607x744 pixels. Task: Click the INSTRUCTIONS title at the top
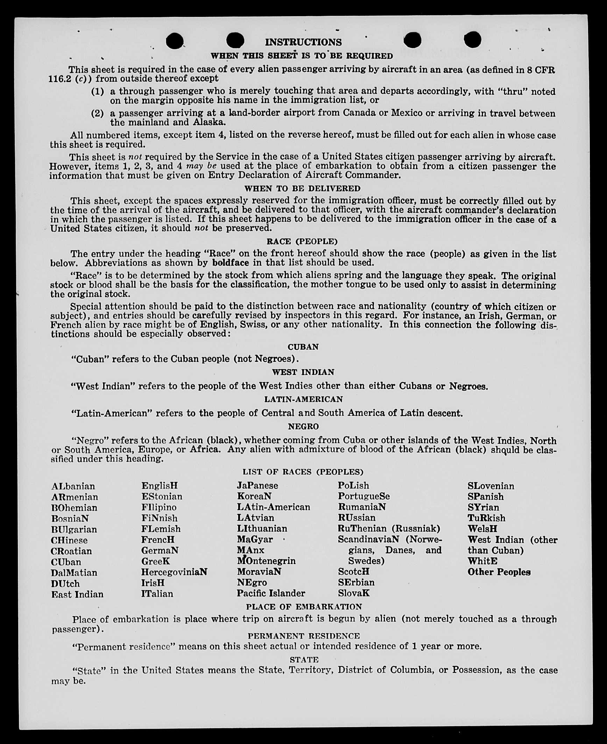(x=303, y=42)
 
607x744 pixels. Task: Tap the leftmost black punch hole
(x=174, y=41)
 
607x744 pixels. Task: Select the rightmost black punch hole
(x=472, y=40)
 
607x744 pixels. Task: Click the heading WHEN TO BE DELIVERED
(x=302, y=188)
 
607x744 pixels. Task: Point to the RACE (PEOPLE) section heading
(x=302, y=241)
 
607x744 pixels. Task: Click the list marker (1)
(x=98, y=91)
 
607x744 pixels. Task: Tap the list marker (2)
(x=98, y=113)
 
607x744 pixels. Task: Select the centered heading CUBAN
(x=303, y=347)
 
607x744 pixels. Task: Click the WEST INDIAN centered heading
(x=303, y=372)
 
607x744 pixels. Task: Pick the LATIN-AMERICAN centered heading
(x=303, y=399)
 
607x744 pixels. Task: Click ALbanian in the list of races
(x=73, y=486)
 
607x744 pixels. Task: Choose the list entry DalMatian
(x=74, y=573)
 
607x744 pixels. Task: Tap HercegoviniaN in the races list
(x=174, y=572)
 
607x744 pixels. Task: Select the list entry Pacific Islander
(x=271, y=593)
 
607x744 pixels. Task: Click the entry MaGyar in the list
(x=255, y=539)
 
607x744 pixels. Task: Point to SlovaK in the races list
(x=353, y=593)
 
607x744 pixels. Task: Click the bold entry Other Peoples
(x=499, y=572)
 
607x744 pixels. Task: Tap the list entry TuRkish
(x=486, y=518)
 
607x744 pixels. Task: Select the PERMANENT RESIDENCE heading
(x=303, y=636)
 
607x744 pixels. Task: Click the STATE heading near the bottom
(x=304, y=660)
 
